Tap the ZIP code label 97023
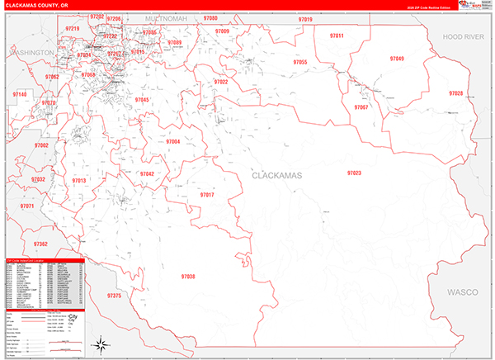click(x=354, y=173)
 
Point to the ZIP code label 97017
click(x=206, y=195)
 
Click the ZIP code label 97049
click(x=397, y=59)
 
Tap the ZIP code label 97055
click(x=300, y=62)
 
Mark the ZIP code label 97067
click(x=361, y=108)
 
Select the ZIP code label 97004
click(x=173, y=142)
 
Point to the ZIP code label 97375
click(x=115, y=295)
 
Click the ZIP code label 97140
click(x=20, y=95)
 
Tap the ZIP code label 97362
click(x=40, y=244)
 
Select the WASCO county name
click(x=462, y=292)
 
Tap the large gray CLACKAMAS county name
click(x=276, y=176)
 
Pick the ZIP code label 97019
click(x=305, y=19)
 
